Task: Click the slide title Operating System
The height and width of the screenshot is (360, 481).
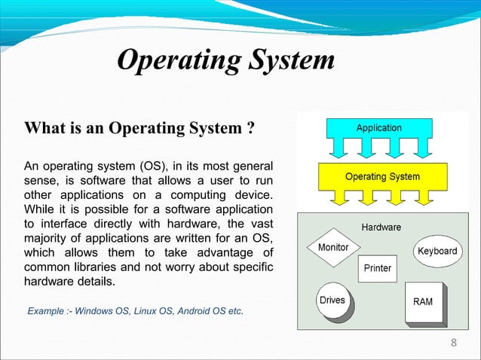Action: (225, 59)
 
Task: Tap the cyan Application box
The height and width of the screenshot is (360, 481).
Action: (378, 128)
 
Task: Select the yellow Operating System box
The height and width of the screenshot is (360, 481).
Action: (382, 177)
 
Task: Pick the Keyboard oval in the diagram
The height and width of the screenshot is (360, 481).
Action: (437, 251)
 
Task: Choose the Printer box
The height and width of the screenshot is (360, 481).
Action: (377, 268)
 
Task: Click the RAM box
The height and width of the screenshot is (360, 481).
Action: (422, 302)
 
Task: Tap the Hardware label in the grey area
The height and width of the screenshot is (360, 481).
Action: (381, 226)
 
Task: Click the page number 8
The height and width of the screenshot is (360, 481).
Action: (453, 344)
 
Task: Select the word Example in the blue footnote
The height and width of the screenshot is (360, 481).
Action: (47, 310)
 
